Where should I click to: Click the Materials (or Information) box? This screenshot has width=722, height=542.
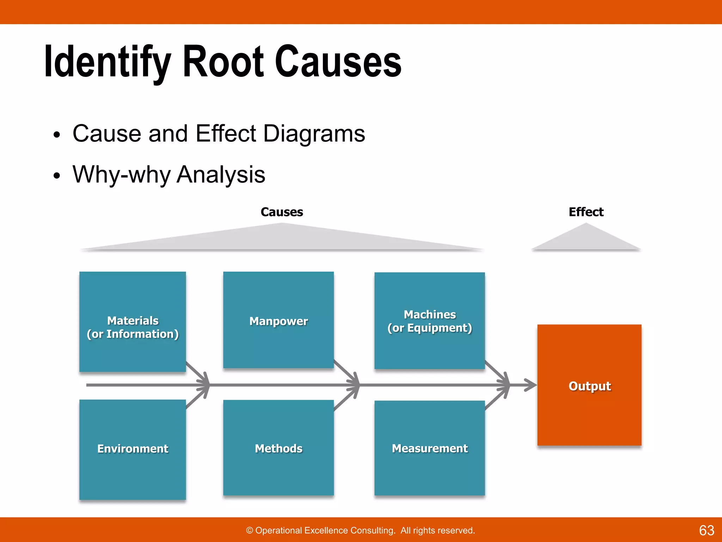click(133, 321)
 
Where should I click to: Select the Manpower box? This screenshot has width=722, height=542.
click(279, 320)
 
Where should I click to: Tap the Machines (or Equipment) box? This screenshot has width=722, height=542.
click(429, 320)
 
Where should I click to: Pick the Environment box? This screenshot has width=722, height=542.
click(133, 449)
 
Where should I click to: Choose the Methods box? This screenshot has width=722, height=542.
click(279, 448)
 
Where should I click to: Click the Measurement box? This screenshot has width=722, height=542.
click(429, 448)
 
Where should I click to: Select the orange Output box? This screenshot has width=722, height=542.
click(589, 385)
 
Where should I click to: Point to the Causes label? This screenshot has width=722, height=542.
click(282, 212)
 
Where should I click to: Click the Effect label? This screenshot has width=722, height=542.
click(586, 212)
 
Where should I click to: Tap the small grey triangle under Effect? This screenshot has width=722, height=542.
click(586, 240)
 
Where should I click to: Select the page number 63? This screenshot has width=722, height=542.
click(706, 530)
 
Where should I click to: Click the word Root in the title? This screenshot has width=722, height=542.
click(223, 61)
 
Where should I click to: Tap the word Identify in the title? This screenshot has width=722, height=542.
click(108, 61)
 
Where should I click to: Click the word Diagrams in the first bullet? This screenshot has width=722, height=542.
click(314, 134)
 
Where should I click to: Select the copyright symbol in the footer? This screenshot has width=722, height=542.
click(250, 530)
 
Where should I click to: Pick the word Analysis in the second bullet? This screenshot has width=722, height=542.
click(221, 175)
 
